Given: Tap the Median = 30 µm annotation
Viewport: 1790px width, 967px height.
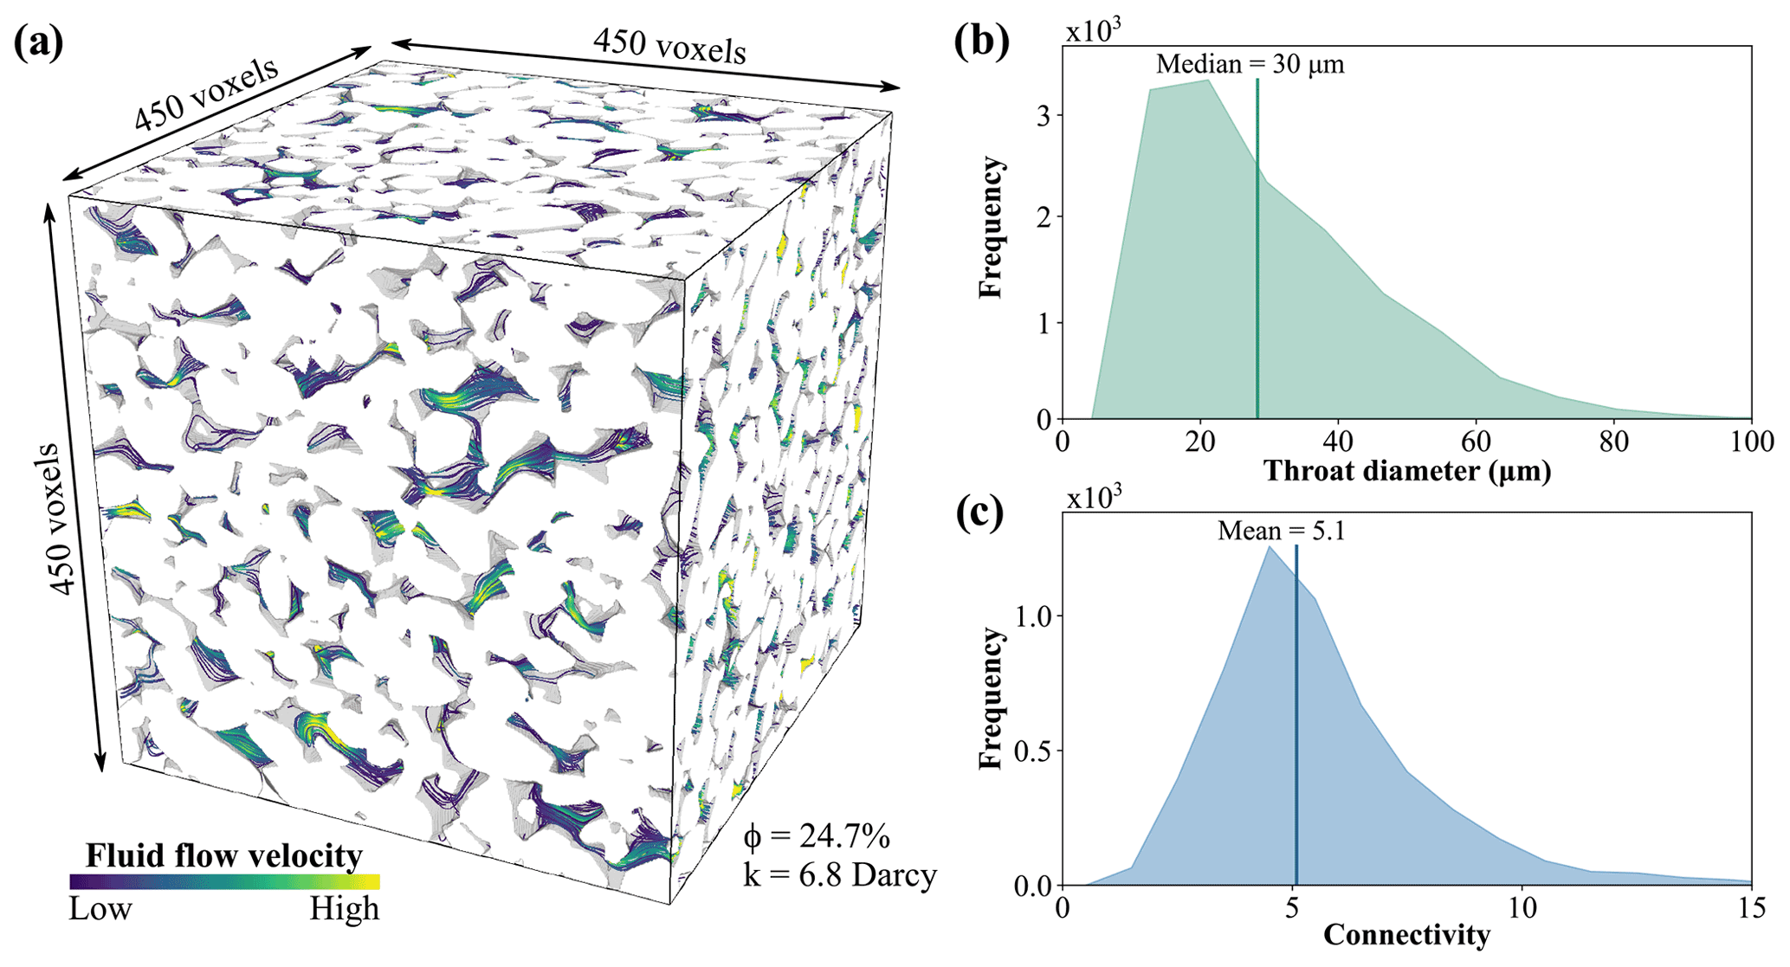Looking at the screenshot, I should [x=1250, y=64].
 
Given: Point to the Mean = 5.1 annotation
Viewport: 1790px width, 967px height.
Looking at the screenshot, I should [x=1282, y=530].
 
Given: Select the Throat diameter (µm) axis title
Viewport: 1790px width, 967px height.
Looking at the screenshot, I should [x=1407, y=471].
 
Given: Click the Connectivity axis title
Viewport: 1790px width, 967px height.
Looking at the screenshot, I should [x=1407, y=935].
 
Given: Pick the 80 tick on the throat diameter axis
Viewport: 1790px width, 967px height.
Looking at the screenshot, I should [x=1614, y=442].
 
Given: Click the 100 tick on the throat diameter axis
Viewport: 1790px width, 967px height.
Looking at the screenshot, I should [x=1752, y=442].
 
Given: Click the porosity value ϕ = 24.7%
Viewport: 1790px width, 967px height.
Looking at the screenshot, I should [x=817, y=836].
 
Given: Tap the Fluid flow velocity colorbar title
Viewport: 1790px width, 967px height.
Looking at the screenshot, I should [x=223, y=855].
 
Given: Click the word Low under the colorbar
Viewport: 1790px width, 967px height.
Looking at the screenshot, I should [x=100, y=909].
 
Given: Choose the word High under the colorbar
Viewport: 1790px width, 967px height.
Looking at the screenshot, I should [x=345, y=909].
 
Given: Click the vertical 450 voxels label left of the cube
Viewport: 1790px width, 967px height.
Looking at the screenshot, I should [x=59, y=519].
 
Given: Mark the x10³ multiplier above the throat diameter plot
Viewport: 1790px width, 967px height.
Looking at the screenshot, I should [x=1094, y=30].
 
